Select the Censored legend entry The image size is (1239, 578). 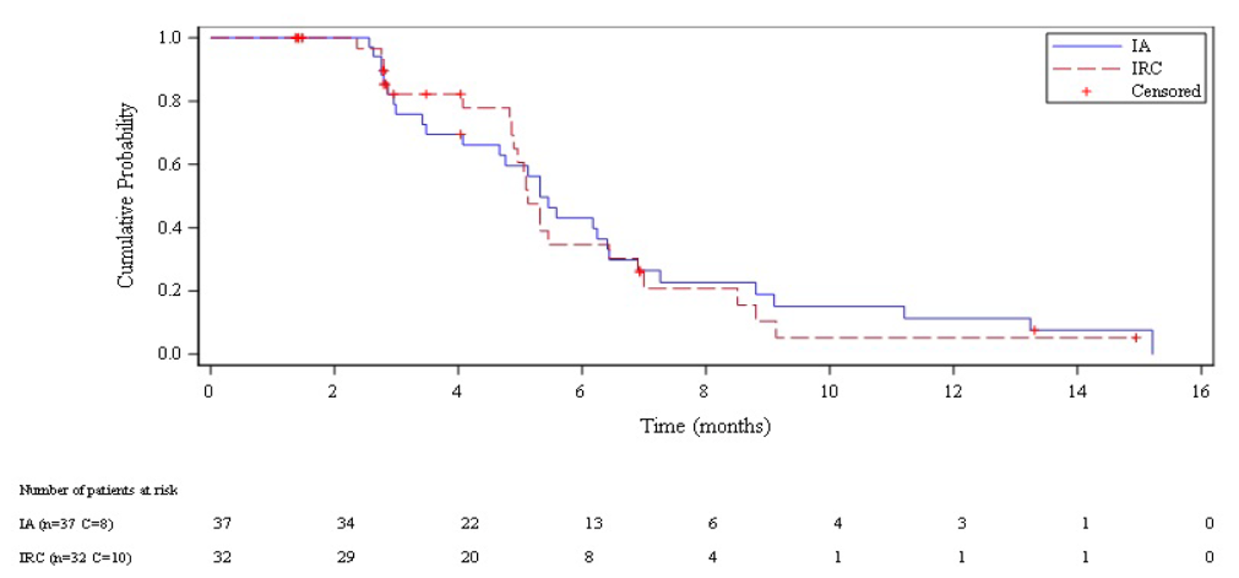(x=1165, y=90)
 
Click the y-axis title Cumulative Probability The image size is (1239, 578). (x=126, y=195)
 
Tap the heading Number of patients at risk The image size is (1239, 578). (x=99, y=490)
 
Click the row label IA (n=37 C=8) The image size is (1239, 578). (x=66, y=524)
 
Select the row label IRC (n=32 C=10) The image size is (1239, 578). (x=70, y=558)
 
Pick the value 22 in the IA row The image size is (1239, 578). (x=470, y=524)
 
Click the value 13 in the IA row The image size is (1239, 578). (x=593, y=524)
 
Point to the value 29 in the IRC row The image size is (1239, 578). (x=346, y=558)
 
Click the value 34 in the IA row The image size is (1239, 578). (x=346, y=524)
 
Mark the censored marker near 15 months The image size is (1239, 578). (x=1136, y=337)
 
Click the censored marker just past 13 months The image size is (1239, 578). (x=1034, y=330)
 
